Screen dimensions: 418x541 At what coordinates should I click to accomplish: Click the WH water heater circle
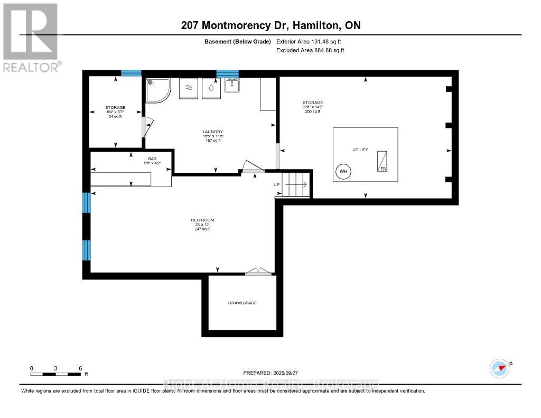pos(343,172)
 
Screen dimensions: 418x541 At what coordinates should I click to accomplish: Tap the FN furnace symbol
pos(381,161)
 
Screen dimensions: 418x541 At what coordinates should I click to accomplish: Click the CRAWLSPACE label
pos(242,303)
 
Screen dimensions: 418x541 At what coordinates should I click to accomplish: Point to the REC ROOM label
pos(202,220)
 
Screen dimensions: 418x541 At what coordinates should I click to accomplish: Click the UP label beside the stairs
pos(276,184)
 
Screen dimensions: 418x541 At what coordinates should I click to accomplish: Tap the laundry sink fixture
pos(232,86)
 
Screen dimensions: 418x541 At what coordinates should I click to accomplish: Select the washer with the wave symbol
pos(189,88)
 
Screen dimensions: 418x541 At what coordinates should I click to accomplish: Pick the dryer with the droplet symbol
pos(211,88)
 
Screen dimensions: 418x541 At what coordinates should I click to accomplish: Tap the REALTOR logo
pos(30,37)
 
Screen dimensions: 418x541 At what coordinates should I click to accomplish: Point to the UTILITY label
pos(360,150)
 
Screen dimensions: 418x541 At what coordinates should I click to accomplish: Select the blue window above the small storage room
pos(131,73)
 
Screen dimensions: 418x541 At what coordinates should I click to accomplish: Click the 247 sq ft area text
pos(202,229)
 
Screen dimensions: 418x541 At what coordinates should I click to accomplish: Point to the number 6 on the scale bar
pos(80,368)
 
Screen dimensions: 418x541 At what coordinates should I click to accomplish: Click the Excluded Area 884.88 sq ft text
pos(310,50)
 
